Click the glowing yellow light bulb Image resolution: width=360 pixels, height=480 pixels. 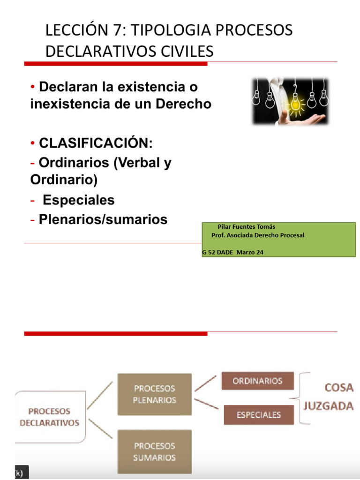pos(296,104)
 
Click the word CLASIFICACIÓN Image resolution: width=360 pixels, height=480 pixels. pos(96,142)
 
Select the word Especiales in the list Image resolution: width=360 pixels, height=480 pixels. pos(78,200)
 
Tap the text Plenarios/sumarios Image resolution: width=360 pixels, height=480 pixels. pos(103,219)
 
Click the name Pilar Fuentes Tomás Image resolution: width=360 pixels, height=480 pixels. pos(247,226)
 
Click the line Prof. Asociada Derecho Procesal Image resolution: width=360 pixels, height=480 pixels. pos(258,235)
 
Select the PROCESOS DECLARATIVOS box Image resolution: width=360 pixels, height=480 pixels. pos(50,417)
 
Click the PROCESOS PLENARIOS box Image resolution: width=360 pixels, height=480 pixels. pos(154,394)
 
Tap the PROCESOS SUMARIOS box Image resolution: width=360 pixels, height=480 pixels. pos(154,451)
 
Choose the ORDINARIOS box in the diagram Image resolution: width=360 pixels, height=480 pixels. pos(257,381)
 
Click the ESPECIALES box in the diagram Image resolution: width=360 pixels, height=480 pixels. pos(258,414)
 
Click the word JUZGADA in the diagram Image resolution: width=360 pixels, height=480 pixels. pos(328,406)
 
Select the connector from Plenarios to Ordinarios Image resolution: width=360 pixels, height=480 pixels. pos(206,383)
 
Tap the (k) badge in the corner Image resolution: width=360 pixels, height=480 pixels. pos(22,472)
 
